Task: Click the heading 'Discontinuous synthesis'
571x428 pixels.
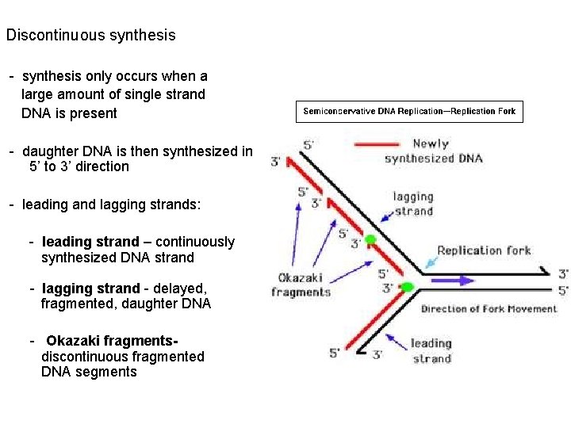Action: pos(91,36)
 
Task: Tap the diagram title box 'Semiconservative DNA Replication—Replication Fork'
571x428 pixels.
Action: pos(409,112)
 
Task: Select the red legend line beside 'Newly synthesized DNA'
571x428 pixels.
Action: pos(376,144)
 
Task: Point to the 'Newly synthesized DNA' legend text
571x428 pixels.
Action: pos(432,151)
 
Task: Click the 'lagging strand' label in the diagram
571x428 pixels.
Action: pos(413,204)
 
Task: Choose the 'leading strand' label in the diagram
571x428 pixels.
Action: pos(431,350)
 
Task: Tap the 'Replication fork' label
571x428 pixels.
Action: pos(484,250)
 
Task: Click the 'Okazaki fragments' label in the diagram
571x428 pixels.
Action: pos(301,285)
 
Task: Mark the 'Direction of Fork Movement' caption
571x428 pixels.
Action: pos(489,308)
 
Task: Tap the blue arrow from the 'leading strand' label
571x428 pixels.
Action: pos(397,348)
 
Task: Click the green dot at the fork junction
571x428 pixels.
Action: pos(408,287)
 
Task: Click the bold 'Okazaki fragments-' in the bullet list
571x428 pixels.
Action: pos(112,341)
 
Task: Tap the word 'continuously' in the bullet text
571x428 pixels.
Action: pos(195,242)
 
